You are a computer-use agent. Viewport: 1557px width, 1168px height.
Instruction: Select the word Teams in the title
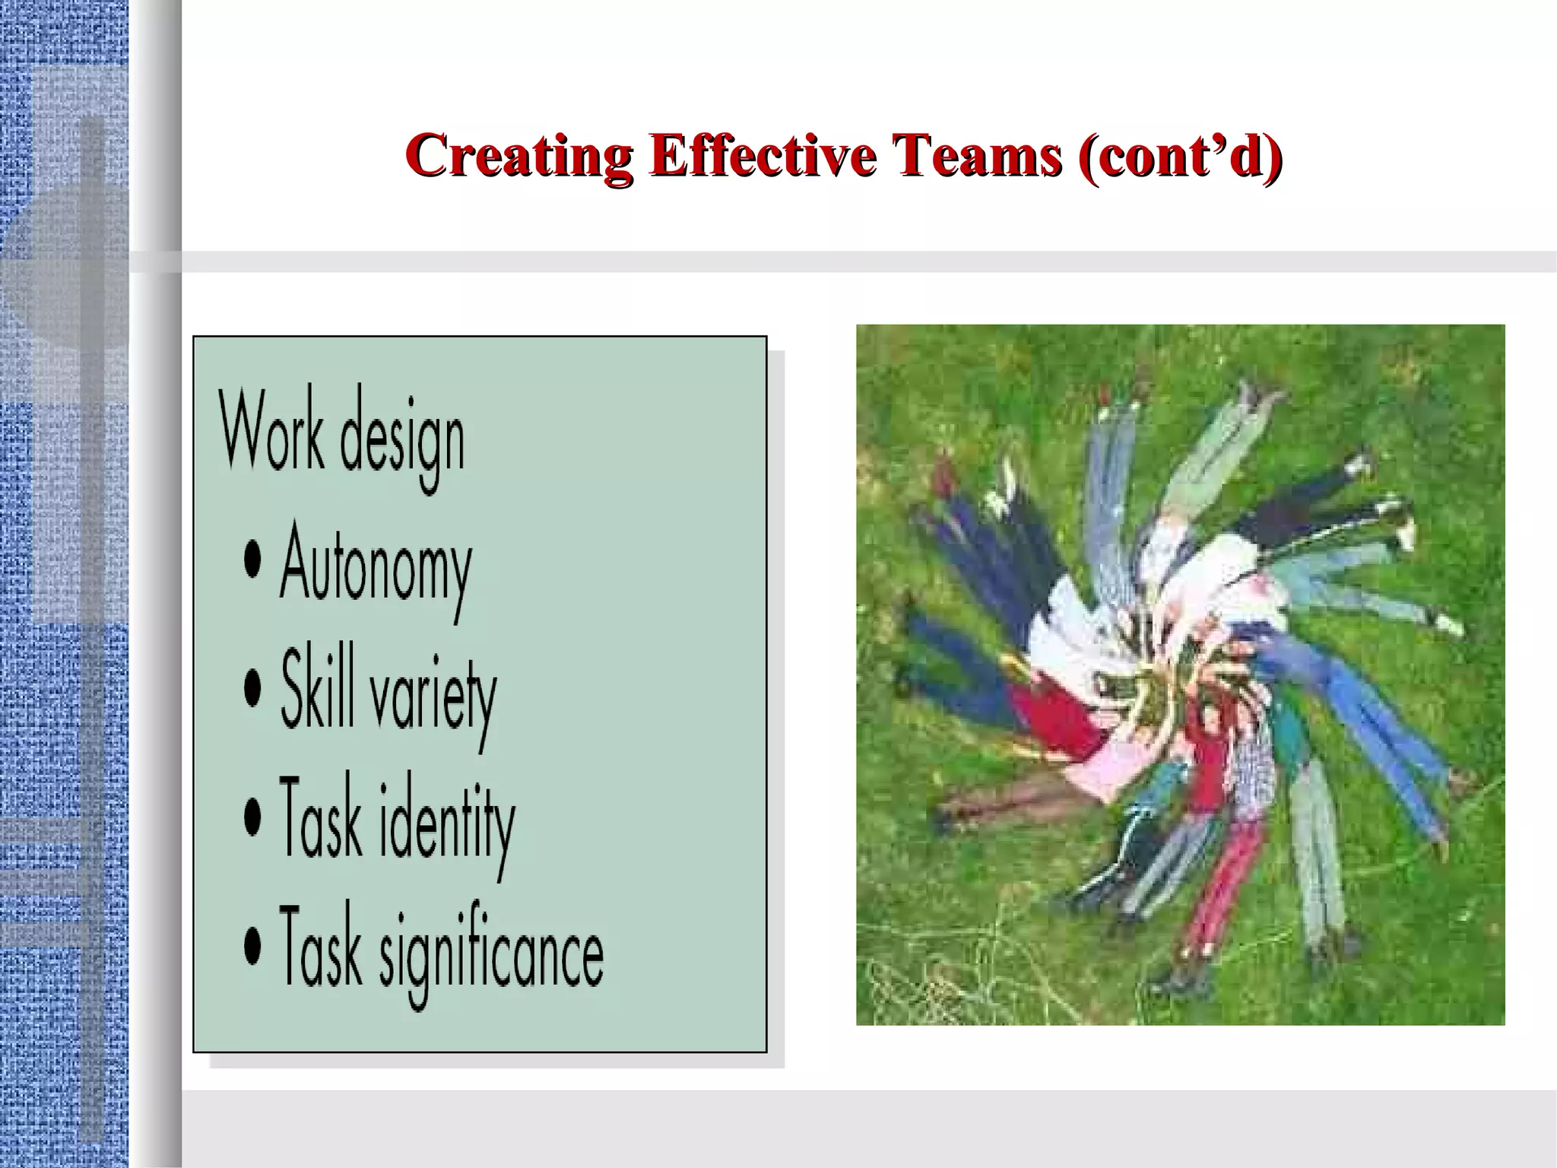point(977,155)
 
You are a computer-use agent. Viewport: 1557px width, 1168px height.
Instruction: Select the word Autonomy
point(376,567)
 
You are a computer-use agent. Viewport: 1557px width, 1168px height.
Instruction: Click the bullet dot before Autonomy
point(252,560)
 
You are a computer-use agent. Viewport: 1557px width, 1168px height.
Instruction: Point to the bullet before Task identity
point(252,817)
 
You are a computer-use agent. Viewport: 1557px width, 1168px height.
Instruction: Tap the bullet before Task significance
point(252,945)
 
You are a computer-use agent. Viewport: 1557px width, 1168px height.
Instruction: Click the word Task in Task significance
point(320,947)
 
